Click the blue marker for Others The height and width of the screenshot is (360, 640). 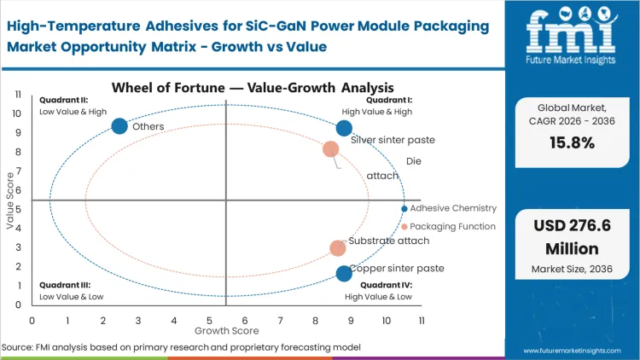[119, 126]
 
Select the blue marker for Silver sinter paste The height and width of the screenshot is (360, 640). [344, 128]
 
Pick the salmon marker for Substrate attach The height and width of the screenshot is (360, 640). [338, 248]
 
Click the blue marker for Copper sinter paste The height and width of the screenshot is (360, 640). [344, 274]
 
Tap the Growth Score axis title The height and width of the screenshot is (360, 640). [226, 329]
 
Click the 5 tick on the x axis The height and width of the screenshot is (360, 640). [209, 320]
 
